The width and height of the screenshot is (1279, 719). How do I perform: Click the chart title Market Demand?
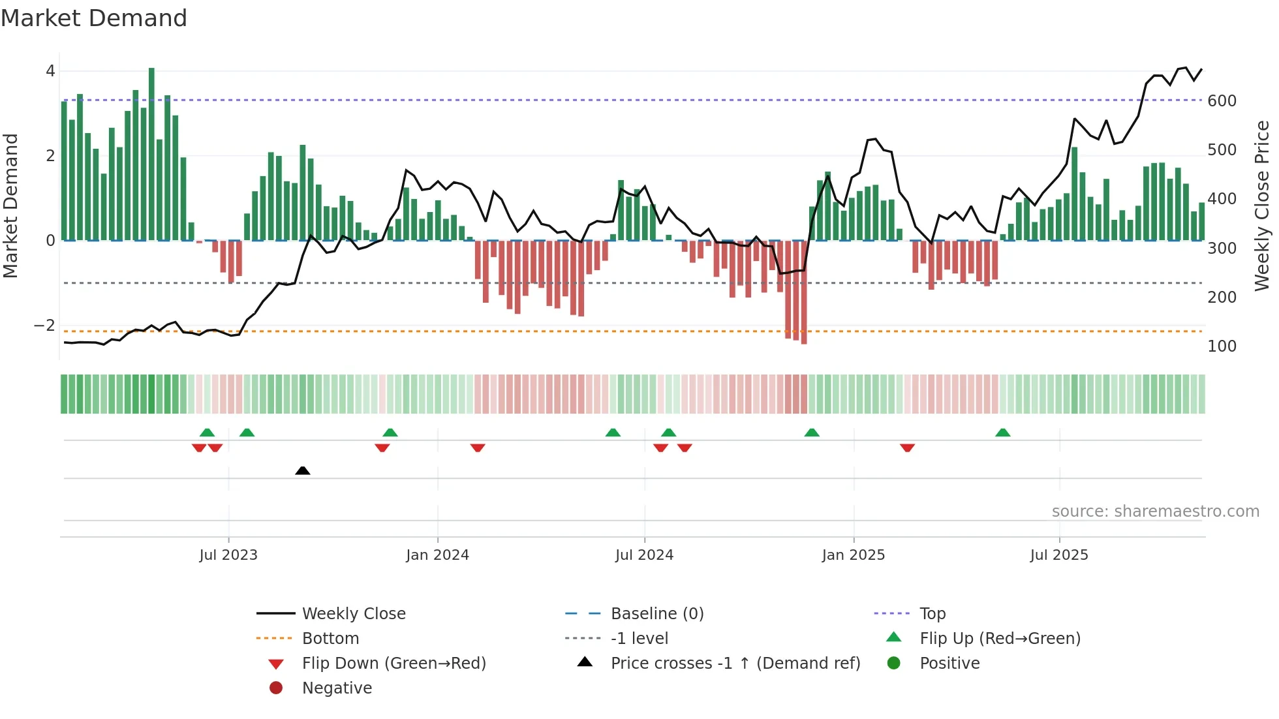click(x=94, y=18)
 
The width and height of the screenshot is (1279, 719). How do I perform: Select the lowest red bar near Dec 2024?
click(x=804, y=294)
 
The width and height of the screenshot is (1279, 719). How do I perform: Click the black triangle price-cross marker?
click(x=302, y=470)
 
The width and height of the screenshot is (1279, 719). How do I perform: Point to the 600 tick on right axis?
click(x=1222, y=101)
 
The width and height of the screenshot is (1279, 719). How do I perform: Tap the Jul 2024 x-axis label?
click(x=644, y=555)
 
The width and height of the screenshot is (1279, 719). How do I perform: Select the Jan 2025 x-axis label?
click(x=853, y=555)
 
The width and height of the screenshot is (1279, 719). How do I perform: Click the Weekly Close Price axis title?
click(x=1262, y=206)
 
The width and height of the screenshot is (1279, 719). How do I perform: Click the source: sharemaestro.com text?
click(x=1155, y=512)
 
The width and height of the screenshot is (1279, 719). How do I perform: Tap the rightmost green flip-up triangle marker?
click(x=1003, y=433)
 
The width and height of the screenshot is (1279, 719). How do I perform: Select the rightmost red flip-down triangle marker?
click(x=907, y=448)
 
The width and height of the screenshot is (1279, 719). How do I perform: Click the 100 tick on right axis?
click(x=1222, y=346)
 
